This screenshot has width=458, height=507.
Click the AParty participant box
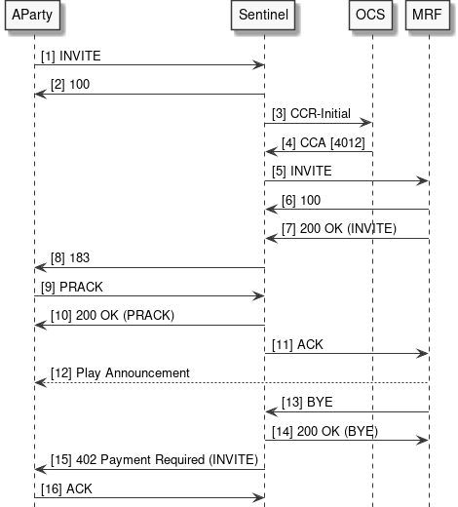34,17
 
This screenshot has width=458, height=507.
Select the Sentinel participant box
265,17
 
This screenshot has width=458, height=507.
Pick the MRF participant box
428,17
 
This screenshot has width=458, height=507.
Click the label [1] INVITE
70,57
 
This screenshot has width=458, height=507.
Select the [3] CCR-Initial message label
310,114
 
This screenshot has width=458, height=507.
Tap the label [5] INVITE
302,172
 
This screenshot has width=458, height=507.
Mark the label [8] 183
65,258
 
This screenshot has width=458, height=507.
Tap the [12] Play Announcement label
115,373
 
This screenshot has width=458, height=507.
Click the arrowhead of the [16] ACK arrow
260,497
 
